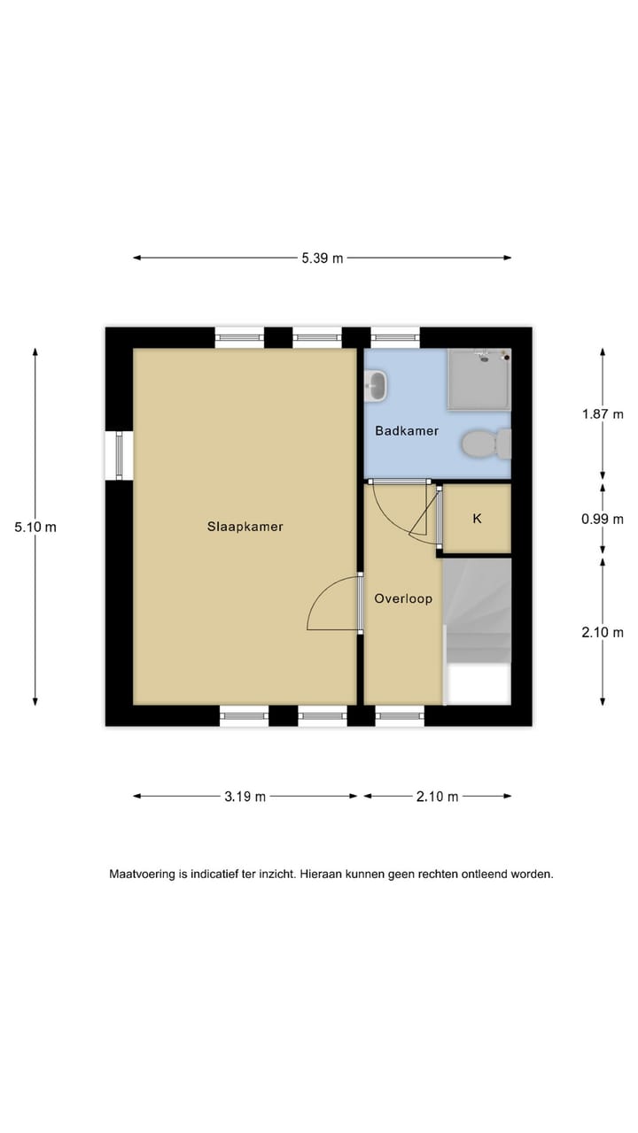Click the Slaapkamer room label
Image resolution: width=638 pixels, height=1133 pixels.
pos(245,527)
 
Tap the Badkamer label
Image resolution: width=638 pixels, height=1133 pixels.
pos(407,431)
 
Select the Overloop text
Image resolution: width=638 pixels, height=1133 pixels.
pos(403,598)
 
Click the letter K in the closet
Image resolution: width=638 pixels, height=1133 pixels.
pos(477,519)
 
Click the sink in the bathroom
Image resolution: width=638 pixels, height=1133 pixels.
pos(376,384)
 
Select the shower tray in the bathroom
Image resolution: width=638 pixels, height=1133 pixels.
pos(478,379)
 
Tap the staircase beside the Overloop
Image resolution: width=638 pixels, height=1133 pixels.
pos(477,611)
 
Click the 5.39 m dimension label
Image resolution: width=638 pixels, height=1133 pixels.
pos(322,258)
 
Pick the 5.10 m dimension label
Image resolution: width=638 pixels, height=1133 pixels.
pos(35,527)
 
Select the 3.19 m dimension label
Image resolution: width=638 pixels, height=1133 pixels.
pos(245,797)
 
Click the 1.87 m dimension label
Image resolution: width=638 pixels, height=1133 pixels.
pos(603,413)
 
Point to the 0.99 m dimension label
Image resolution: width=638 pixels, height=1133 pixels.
pos(603,520)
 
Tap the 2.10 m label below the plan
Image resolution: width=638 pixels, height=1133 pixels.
pos(438,797)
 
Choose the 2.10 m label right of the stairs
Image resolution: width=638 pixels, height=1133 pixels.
pos(603,632)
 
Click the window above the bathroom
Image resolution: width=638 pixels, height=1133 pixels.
pos(394,337)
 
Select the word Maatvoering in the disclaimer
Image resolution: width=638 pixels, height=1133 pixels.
pos(142,874)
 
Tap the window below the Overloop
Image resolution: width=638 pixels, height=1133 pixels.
pos(400,715)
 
